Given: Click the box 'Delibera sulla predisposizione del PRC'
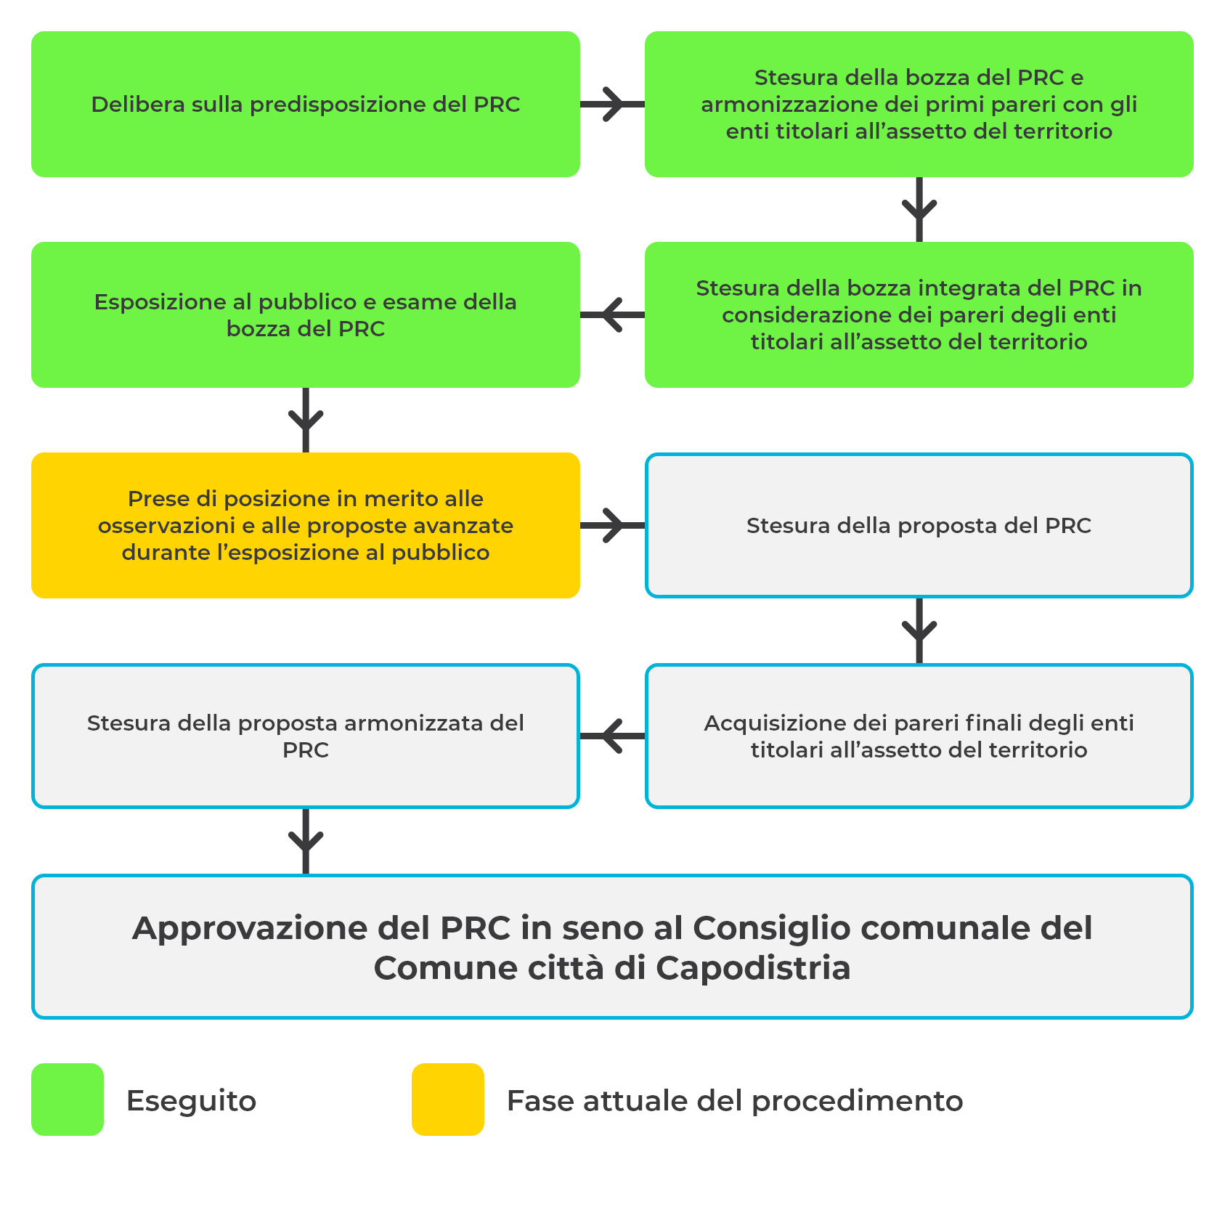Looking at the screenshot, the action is [306, 104].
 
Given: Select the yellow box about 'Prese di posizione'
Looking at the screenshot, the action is [306, 525].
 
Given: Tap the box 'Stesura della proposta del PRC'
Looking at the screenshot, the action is [919, 525].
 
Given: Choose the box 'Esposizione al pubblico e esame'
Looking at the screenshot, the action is [306, 314].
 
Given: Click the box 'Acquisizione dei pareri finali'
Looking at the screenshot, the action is [919, 736].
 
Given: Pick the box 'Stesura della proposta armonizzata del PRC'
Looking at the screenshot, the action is [306, 736].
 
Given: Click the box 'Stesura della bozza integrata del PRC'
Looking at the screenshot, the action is [919, 314].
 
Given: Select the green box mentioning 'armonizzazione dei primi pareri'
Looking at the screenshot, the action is [919, 104].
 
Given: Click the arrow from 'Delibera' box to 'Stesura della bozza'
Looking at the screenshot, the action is [612, 104].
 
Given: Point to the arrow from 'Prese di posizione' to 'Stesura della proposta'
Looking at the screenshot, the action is [612, 525].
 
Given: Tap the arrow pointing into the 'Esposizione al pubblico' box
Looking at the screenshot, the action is [612, 314].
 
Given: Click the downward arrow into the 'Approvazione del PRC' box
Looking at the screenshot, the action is [306, 841].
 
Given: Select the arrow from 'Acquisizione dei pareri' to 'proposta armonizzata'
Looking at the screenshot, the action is [612, 736].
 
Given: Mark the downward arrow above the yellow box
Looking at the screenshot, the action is [306, 420].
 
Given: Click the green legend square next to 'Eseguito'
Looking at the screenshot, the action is [68, 1100].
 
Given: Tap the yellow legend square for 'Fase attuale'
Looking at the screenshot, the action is [448, 1100].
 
